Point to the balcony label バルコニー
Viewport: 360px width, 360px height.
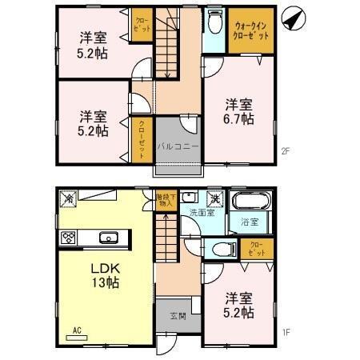(172, 146)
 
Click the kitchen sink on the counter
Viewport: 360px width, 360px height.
(106, 237)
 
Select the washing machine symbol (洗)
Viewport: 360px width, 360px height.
(214, 198)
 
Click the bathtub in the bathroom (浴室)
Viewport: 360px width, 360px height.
(244, 203)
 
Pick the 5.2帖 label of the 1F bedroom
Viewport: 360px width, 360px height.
(238, 312)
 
